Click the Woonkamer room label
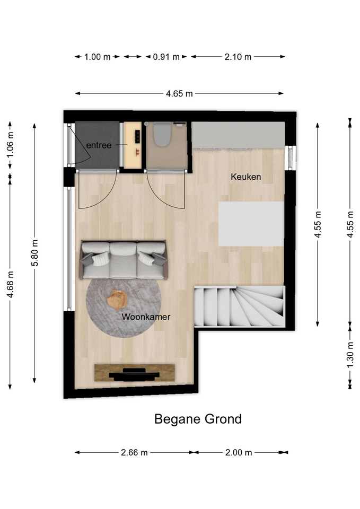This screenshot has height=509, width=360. tap(146, 317)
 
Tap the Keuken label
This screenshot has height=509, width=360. tap(245, 177)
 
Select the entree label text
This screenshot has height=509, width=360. tap(99, 145)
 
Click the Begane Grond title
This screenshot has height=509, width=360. tap(198, 419)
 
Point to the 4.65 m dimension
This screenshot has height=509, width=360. tap(179, 94)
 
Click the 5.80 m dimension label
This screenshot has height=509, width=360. tap(35, 253)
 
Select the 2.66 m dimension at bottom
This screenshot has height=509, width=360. tap(134, 452)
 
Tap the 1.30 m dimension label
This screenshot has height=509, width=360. tap(350, 355)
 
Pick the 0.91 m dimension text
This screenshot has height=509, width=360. tap(166, 57)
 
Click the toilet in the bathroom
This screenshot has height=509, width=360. tap(162, 134)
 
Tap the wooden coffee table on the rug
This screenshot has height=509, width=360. tap(117, 299)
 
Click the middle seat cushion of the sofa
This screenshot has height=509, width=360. tap(123, 260)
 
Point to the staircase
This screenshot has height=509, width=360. tap(240, 306)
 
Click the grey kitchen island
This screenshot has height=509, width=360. tap(251, 224)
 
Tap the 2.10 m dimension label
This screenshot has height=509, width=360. tap(238, 57)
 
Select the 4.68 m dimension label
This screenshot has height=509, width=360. tap(10, 284)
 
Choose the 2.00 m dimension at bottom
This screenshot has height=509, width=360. tap(239, 452)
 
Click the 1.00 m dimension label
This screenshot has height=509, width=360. tap(98, 57)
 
